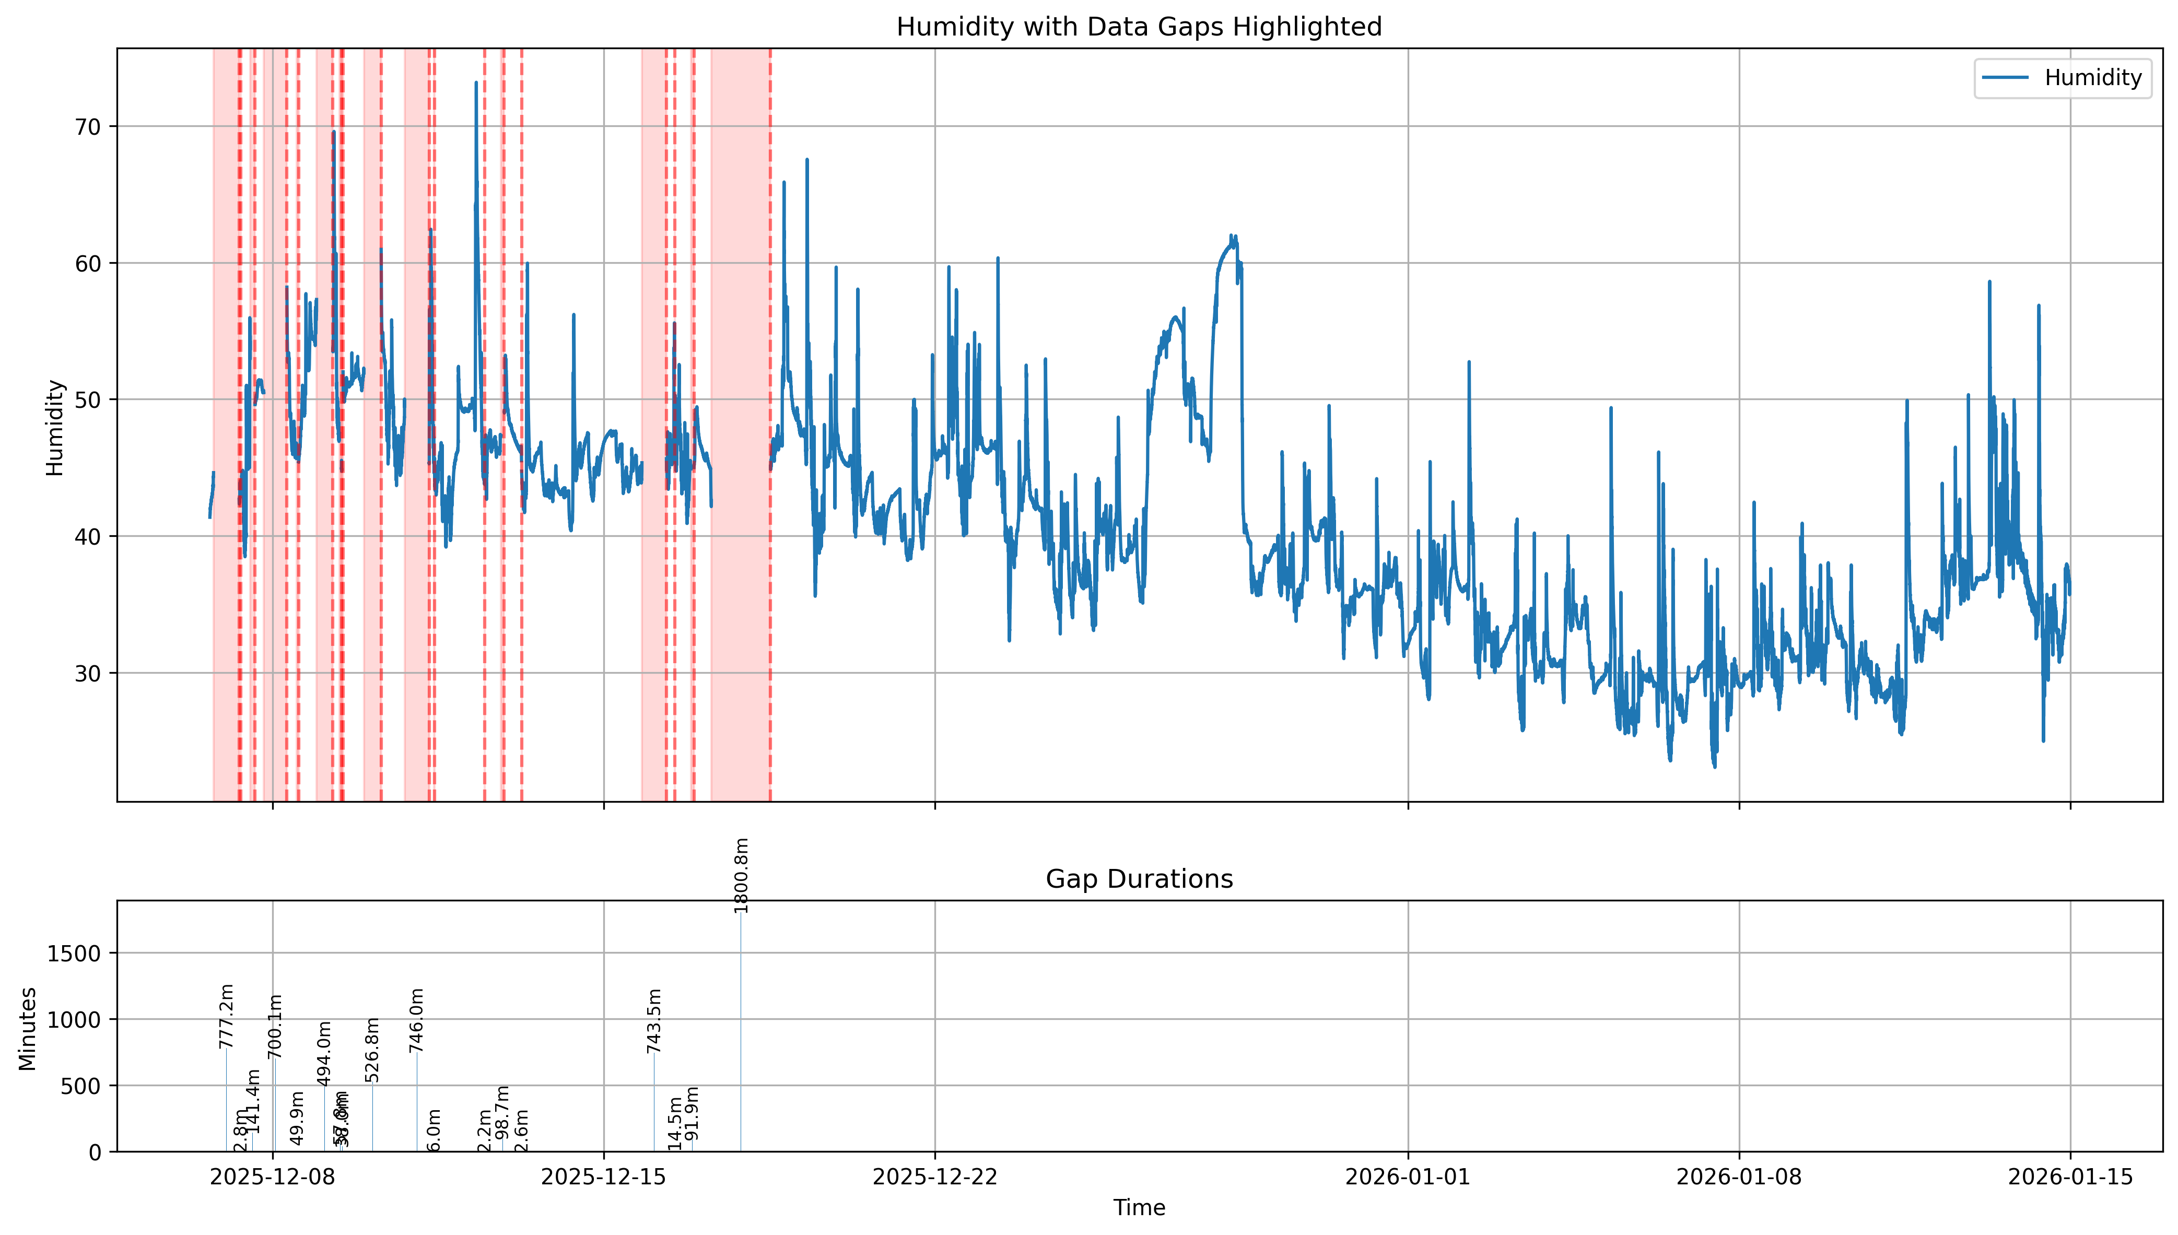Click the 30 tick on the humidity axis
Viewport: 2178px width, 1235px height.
click(x=87, y=674)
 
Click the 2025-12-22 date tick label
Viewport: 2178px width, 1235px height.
click(x=934, y=1177)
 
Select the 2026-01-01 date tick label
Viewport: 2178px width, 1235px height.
click(x=1408, y=1177)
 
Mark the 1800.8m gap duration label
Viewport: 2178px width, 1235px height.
click(x=741, y=875)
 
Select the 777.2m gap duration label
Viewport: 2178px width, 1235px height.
click(x=226, y=1016)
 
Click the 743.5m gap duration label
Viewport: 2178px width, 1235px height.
click(x=654, y=1020)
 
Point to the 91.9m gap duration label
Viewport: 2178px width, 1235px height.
click(x=692, y=1113)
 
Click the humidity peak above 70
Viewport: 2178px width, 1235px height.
click(x=476, y=83)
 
